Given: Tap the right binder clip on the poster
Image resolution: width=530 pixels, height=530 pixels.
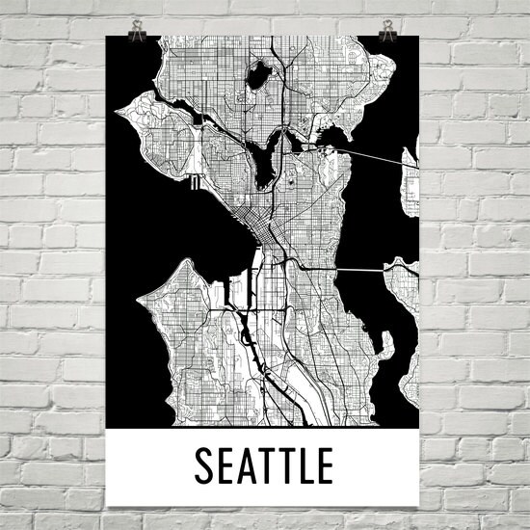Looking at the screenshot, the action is tap(387, 30).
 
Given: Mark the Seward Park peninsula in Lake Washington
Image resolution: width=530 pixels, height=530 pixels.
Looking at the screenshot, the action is tap(385, 342).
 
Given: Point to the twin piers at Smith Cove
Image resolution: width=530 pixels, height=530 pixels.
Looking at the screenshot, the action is tap(195, 181).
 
